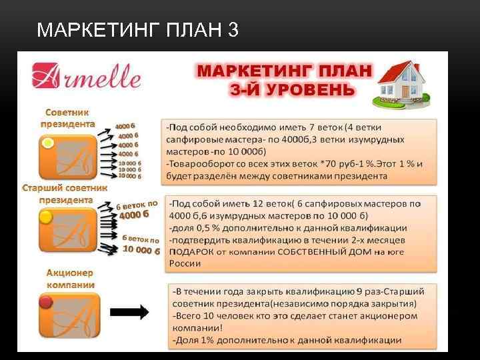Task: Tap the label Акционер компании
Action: [x=70, y=279]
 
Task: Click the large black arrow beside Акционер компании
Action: [x=128, y=311]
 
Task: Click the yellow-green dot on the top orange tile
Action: [x=47, y=143]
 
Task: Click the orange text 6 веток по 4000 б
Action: [x=138, y=209]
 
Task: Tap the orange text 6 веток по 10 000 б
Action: [x=141, y=245]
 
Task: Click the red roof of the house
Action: [x=399, y=69]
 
